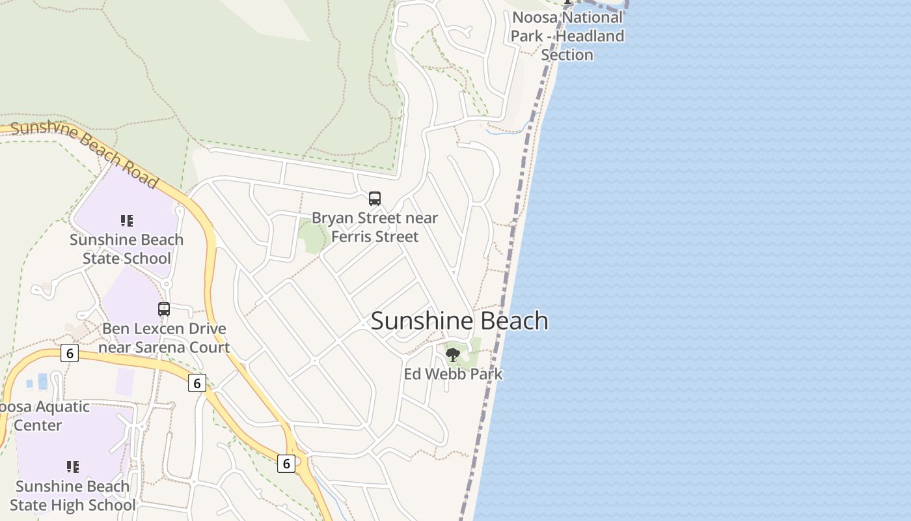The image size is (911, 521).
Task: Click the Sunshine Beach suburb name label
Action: click(459, 321)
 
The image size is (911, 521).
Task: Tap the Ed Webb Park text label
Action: click(453, 374)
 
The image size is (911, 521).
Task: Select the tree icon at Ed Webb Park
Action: click(453, 355)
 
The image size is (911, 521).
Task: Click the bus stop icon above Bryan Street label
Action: click(375, 199)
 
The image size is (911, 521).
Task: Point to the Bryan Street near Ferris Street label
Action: click(375, 227)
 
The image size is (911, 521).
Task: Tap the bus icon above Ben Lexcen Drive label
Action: click(164, 309)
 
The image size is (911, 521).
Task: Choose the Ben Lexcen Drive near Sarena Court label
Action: click(164, 338)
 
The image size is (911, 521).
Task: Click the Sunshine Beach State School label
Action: click(126, 249)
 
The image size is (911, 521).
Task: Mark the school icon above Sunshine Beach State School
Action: click(126, 221)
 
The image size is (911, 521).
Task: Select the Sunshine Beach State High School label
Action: click(72, 496)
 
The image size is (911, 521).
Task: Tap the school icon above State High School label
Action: click(72, 467)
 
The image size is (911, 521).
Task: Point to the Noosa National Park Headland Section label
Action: click(567, 36)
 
